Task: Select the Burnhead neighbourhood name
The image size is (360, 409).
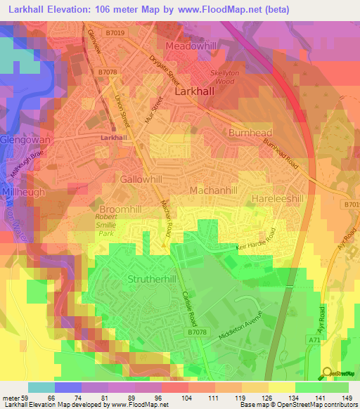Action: (x=250, y=132)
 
